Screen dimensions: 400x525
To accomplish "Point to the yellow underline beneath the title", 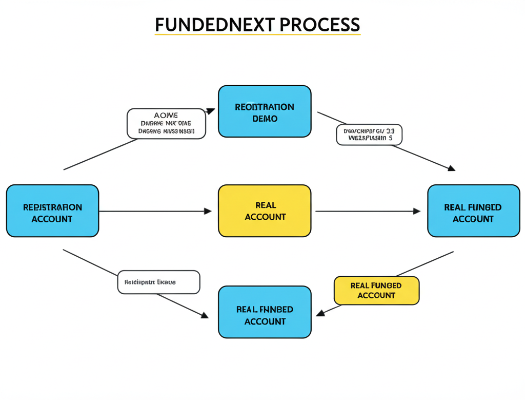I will [x=257, y=34].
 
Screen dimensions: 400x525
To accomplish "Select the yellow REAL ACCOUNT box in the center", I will [x=265, y=211].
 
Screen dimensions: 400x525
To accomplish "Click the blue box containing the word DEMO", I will [x=265, y=111].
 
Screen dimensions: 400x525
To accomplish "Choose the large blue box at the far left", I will [x=52, y=211].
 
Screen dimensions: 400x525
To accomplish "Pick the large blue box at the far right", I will [x=473, y=211].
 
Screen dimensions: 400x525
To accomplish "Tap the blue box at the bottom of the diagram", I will [x=265, y=312].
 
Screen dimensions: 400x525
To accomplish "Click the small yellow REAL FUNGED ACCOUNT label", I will [x=376, y=291].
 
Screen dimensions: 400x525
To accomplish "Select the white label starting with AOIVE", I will [x=166, y=123].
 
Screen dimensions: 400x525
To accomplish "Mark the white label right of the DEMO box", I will [x=369, y=135].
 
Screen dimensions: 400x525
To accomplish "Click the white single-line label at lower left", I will [x=158, y=282].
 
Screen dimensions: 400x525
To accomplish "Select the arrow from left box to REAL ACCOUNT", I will [x=154, y=211].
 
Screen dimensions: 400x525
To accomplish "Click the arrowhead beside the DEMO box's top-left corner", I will [x=210, y=110].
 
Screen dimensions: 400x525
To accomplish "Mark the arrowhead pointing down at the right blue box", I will [x=451, y=168].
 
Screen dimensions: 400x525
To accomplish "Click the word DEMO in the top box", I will [x=265, y=119].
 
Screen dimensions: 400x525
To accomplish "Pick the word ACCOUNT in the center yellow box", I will [x=265, y=217].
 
